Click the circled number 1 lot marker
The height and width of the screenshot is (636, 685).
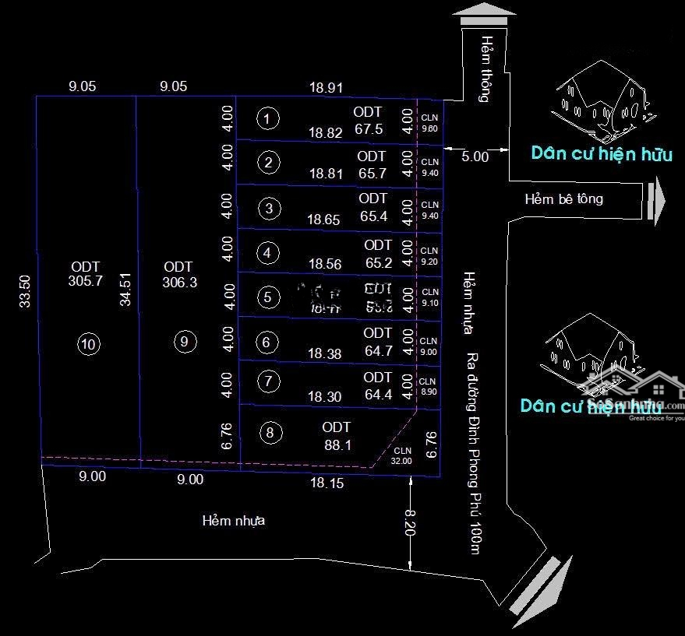[267, 119]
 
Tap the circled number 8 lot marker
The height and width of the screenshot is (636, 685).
[270, 434]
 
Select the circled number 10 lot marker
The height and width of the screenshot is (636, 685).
[90, 343]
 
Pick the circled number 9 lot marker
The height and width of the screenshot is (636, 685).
[184, 341]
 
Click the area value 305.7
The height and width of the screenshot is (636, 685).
[86, 275]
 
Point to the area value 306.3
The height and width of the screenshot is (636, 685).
[179, 276]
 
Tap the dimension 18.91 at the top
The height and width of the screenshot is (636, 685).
[326, 88]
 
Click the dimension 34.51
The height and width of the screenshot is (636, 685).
[125, 288]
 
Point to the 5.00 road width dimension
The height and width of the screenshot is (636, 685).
[475, 156]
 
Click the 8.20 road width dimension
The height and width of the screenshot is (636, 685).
[411, 522]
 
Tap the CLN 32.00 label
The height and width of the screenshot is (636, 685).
[402, 455]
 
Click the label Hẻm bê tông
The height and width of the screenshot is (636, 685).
[563, 199]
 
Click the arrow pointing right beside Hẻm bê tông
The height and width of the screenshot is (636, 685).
[657, 200]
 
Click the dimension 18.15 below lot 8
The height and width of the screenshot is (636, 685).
[326, 483]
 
